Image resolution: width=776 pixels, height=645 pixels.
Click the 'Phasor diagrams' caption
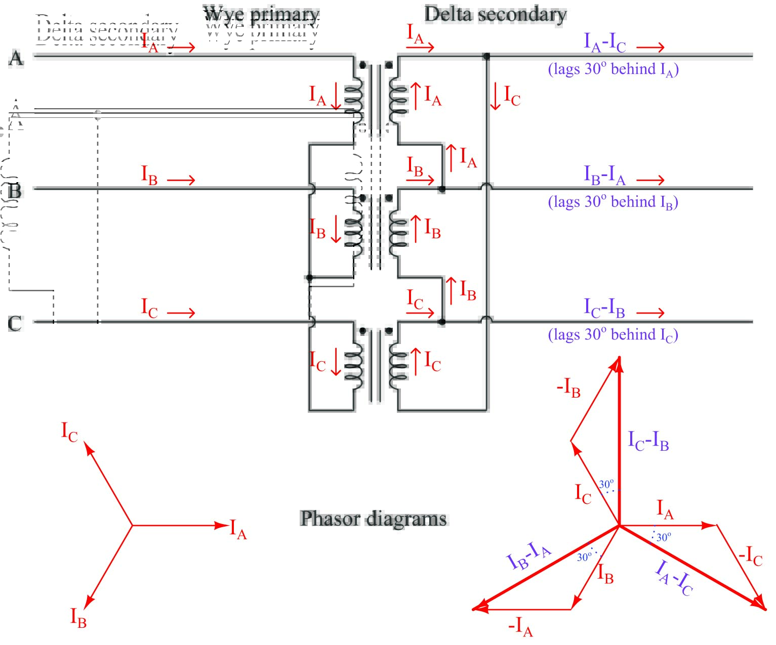373,519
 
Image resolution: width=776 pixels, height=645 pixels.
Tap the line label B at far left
15,191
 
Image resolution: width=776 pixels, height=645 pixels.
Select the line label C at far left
15,324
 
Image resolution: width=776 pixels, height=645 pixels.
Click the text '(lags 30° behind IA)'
613,69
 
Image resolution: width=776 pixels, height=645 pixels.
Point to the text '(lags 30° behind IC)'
613,335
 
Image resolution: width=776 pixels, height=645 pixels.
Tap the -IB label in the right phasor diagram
568,388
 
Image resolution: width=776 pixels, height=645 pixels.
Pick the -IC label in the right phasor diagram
750,556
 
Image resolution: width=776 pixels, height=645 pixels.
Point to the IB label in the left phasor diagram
78,618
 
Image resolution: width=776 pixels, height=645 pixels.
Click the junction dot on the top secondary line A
486,56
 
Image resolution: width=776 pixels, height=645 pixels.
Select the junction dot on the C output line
442,322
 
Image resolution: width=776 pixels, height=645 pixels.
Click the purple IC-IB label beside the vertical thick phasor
648,441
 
